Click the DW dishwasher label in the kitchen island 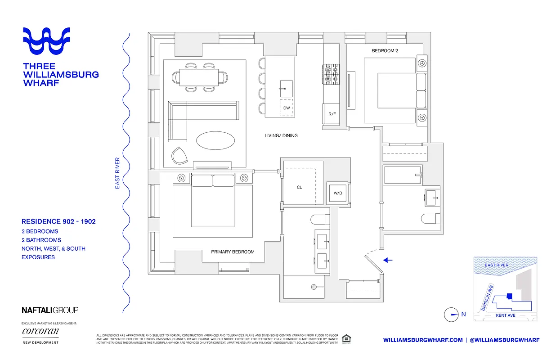287,108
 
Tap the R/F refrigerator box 332,114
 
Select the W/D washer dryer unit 337,193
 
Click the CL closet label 299,187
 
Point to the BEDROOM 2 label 385,51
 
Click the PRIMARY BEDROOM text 233,252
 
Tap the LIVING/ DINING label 281,135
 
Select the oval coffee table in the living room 215,140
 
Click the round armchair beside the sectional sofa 181,156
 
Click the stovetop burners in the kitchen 331,75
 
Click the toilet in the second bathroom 430,219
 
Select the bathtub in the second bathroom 403,175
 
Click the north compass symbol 451,315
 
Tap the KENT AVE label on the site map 505,315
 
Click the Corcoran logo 40,332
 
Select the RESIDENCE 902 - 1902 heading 58,221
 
